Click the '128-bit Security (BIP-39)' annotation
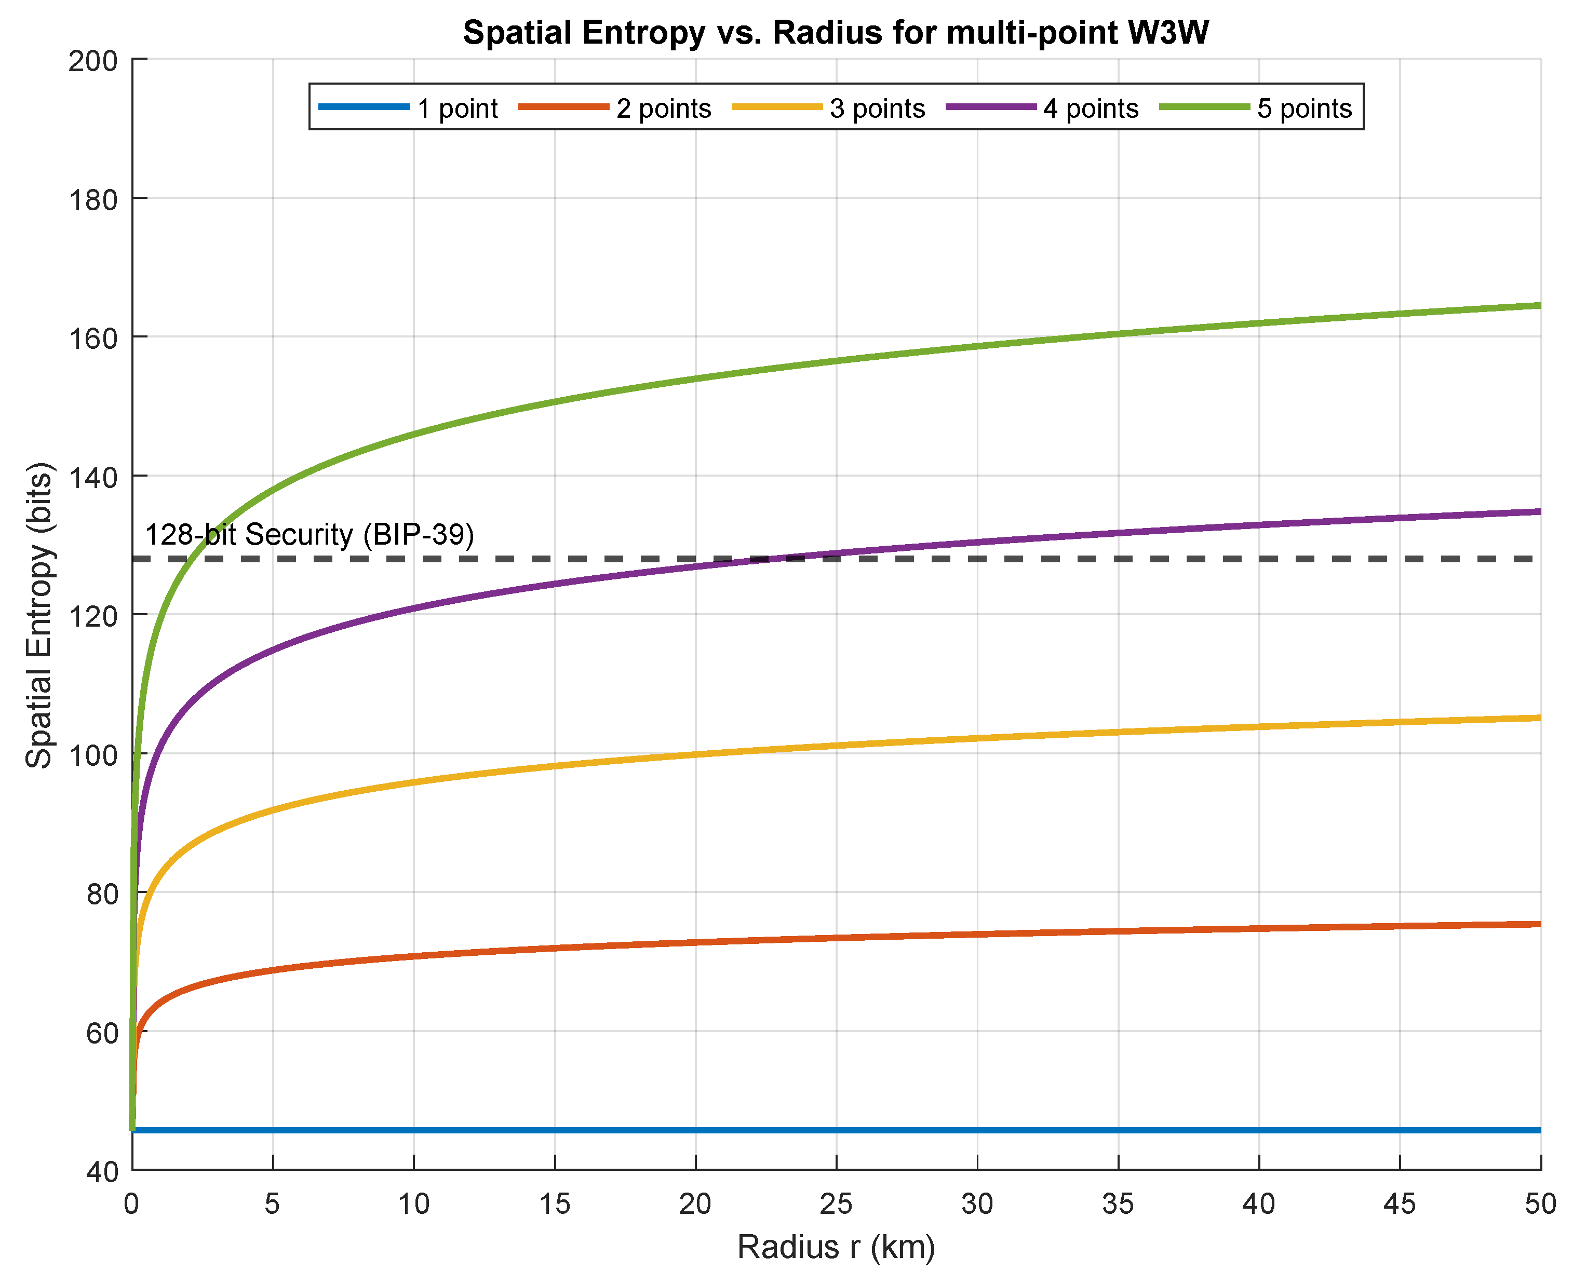(x=308, y=534)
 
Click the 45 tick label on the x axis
(x=1399, y=1205)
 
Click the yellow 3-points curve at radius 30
(x=977, y=738)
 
